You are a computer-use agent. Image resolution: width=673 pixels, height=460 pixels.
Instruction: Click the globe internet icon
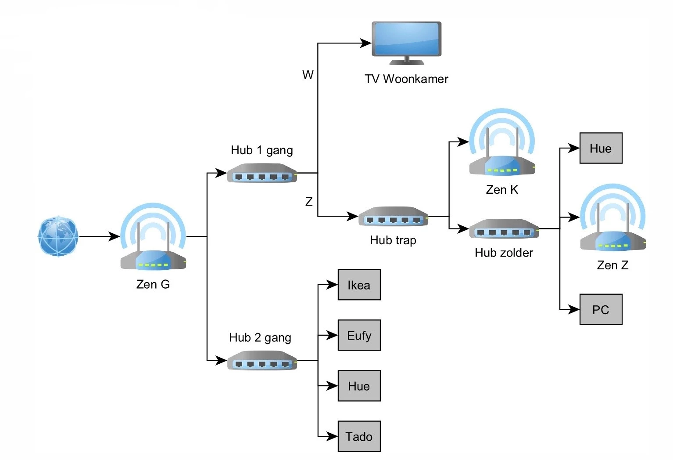pyautogui.click(x=58, y=236)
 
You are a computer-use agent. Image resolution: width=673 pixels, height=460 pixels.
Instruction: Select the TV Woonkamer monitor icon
pyautogui.click(x=406, y=42)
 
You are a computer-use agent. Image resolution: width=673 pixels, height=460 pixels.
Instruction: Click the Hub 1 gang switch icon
pyautogui.click(x=262, y=173)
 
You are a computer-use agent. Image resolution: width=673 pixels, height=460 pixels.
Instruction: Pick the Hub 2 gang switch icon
pyautogui.click(x=262, y=360)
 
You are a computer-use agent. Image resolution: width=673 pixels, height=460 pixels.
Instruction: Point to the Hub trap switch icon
pyautogui.click(x=393, y=217)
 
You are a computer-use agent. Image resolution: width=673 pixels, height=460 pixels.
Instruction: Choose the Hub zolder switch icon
pyautogui.click(x=504, y=229)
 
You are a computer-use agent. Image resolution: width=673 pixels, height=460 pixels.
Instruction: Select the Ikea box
pyautogui.click(x=359, y=285)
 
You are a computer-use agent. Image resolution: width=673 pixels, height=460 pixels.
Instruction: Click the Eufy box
pyautogui.click(x=359, y=335)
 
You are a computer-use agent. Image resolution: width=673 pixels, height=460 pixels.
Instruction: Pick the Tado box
pyautogui.click(x=359, y=436)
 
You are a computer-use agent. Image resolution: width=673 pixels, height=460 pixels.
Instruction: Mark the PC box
pyautogui.click(x=601, y=309)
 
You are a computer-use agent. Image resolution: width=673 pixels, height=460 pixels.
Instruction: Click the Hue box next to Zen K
pyautogui.click(x=601, y=148)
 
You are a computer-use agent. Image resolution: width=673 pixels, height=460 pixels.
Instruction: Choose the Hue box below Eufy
pyautogui.click(x=359, y=386)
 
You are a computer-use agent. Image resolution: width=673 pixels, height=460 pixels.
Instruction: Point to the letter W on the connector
pyautogui.click(x=308, y=75)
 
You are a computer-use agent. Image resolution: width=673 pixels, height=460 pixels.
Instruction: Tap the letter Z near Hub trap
pyautogui.click(x=309, y=202)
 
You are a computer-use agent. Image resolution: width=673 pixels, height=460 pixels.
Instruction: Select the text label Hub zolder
pyautogui.click(x=504, y=253)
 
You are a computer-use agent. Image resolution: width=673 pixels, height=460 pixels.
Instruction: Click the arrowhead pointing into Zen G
pyautogui.click(x=115, y=236)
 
